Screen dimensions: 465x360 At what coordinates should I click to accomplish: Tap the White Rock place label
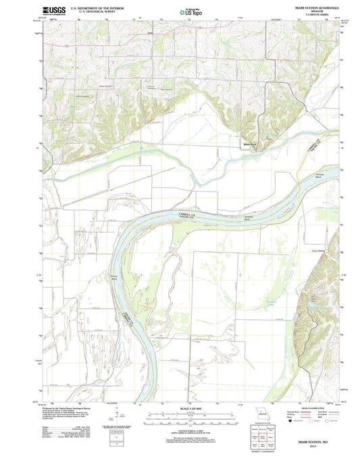251,144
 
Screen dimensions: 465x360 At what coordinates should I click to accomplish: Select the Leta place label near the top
151,32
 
